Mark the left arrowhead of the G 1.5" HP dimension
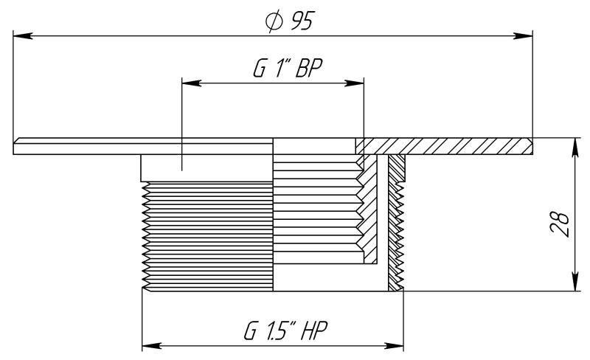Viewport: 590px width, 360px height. pyautogui.click(x=148, y=345)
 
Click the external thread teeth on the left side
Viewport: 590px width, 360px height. pyautogui.click(x=206, y=236)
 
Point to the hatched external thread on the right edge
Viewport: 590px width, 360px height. pyautogui.click(x=396, y=221)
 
